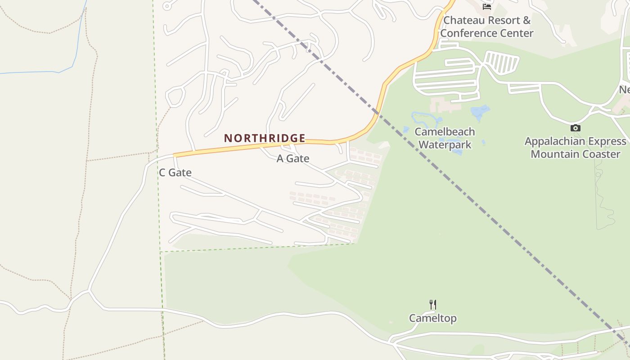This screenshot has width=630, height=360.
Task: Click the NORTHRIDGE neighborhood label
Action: [x=265, y=138]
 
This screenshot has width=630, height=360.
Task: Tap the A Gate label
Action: [x=292, y=158]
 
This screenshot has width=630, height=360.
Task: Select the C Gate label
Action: [x=175, y=172]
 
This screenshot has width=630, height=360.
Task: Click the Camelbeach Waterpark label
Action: [x=445, y=138]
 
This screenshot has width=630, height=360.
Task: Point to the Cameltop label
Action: [x=432, y=318]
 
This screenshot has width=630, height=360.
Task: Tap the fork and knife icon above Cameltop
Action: [x=433, y=305]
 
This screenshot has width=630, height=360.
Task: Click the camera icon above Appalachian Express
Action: [x=575, y=128]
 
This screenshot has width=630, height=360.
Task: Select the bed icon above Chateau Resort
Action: [x=486, y=6]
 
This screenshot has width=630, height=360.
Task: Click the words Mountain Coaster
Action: [x=575, y=154]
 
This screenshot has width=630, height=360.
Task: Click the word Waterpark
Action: [x=445, y=144]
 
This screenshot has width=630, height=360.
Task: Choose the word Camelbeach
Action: [x=445, y=132]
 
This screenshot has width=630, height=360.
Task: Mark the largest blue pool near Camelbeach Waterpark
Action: [x=480, y=111]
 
